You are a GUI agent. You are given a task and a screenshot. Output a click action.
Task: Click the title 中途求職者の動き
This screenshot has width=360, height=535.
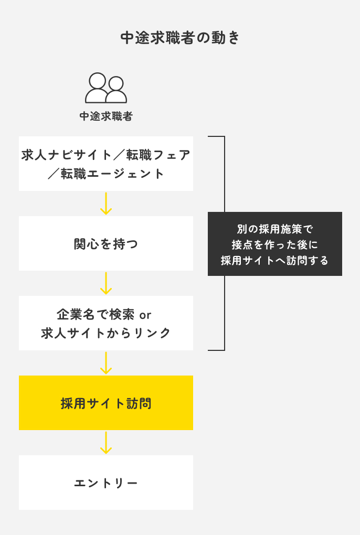[x=180, y=38]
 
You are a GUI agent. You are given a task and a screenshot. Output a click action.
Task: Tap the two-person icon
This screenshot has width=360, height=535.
[x=105, y=88]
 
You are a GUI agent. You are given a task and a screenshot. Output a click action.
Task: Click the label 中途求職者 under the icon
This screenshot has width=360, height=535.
[x=105, y=116]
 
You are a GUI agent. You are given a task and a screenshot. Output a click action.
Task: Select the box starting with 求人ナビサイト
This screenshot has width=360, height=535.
[x=105, y=164]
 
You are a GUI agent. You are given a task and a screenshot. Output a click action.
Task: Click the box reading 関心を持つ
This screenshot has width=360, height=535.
[x=105, y=244]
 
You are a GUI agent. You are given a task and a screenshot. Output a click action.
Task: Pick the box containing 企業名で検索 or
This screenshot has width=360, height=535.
[x=105, y=323]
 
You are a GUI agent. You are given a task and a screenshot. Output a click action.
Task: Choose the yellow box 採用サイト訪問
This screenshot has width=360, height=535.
[x=105, y=403]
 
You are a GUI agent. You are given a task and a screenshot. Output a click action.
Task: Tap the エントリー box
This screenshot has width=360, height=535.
[x=105, y=483]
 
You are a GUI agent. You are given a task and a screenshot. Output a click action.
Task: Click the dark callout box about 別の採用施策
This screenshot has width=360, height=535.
[x=274, y=244]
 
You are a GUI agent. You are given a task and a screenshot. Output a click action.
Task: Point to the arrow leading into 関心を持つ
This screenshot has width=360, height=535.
[x=106, y=204]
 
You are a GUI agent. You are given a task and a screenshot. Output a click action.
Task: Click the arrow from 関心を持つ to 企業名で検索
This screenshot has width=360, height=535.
[x=106, y=283]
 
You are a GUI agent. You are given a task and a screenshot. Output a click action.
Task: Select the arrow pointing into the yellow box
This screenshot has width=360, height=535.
[x=106, y=363]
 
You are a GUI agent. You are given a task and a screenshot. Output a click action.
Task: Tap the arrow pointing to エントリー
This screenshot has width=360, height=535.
[x=106, y=443]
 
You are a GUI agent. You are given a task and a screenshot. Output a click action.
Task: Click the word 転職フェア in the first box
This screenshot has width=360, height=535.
[x=160, y=155]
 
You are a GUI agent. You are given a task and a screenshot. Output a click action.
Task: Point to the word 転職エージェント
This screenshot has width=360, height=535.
[x=112, y=174]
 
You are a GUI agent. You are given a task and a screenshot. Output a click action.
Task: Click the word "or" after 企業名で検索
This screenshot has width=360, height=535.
[x=145, y=315]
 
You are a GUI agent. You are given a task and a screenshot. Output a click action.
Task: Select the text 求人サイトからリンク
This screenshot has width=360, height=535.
[x=105, y=333]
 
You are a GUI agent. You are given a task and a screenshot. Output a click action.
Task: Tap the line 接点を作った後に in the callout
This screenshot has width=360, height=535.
[x=274, y=244]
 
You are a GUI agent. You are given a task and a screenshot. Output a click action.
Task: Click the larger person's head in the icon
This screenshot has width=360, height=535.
[x=97, y=81]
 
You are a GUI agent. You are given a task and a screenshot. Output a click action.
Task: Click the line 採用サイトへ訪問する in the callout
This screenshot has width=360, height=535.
[x=274, y=261]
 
